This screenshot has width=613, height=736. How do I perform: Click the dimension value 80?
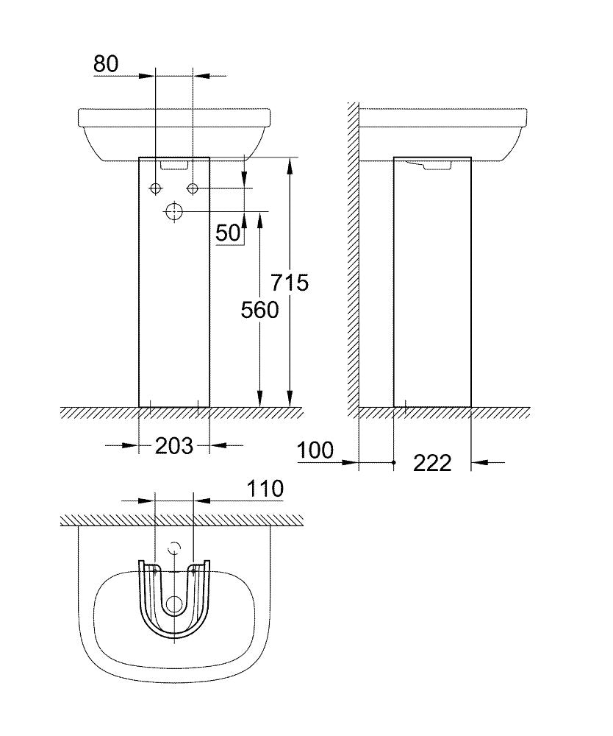point(106,63)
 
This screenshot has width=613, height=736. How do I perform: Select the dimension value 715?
point(290,282)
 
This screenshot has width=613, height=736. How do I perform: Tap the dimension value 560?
point(260,310)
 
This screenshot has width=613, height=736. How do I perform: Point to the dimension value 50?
point(229,233)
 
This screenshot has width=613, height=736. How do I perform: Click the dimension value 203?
point(174,445)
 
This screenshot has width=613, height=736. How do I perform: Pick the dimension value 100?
point(315,449)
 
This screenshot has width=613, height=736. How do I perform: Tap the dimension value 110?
point(265,488)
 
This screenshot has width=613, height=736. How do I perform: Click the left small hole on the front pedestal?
point(156,189)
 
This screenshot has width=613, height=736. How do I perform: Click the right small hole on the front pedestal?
point(193,189)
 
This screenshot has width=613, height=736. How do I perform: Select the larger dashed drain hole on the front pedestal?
point(174,212)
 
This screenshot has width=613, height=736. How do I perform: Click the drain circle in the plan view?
point(174,605)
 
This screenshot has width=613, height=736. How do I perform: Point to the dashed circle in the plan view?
point(174,548)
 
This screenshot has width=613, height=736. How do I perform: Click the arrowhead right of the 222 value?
point(476,462)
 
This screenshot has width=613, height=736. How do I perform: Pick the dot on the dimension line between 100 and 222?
point(395,462)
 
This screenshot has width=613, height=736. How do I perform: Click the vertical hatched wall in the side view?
point(354,258)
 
